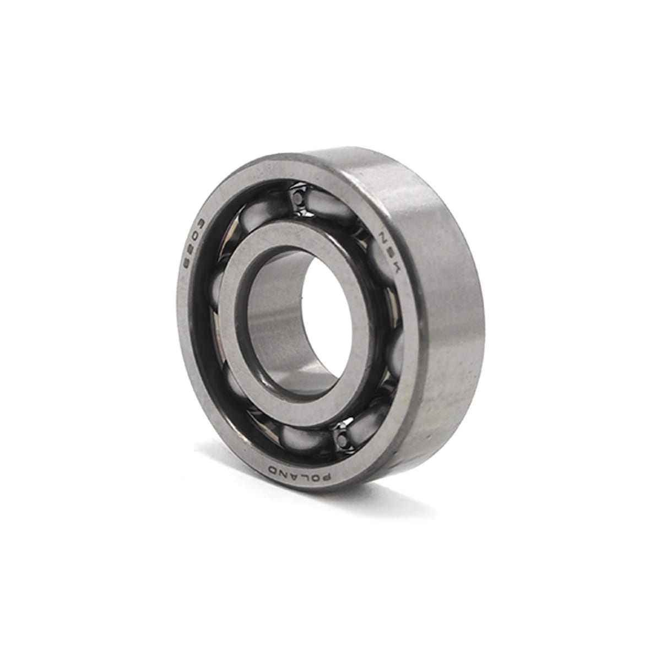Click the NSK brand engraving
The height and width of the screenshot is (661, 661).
386,252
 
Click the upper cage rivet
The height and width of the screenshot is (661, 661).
298,198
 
